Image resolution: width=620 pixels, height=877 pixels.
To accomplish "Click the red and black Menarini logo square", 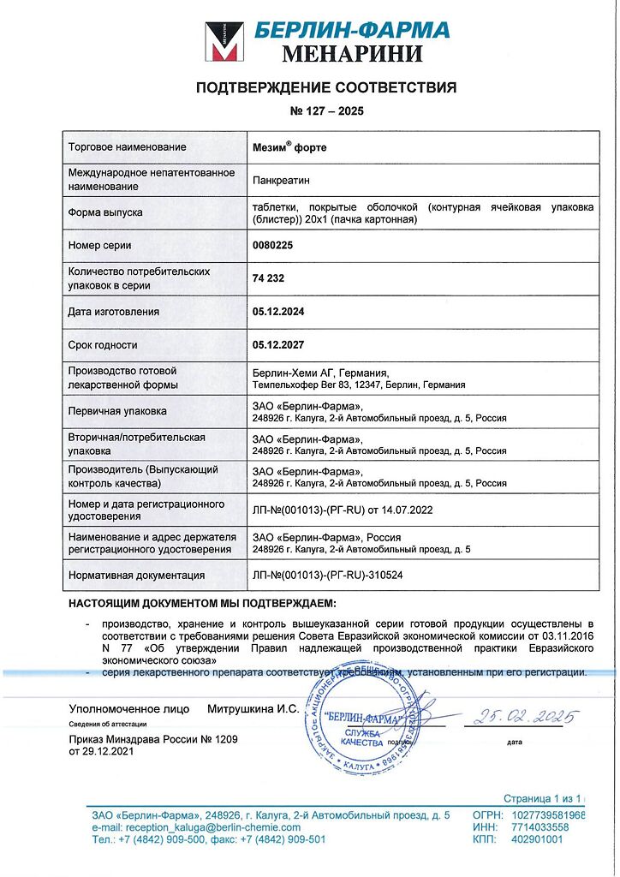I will pos(224,42).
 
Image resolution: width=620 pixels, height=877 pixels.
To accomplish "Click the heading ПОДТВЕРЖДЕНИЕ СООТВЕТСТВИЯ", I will pos(326,87).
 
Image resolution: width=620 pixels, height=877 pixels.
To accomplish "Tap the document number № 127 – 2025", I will pos(326,111).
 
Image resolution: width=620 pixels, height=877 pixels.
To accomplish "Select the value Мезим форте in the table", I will pos(289,147).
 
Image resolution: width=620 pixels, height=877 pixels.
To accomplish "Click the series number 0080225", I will pos(276,246).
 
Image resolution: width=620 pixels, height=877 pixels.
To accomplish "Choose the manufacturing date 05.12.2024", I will pos(278,312).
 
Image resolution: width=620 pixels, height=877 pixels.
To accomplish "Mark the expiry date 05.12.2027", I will pos(278,345).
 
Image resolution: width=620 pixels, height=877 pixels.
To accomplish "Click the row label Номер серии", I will pos(99,246).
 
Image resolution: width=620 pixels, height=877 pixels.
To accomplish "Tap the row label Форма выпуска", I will pos(105,212).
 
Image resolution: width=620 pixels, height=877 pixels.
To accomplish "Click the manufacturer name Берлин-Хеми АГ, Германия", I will pos(321,373).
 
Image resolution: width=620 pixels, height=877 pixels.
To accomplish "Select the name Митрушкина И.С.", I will pos(253,709).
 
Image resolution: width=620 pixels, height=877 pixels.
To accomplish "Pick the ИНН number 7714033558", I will pos(540,828).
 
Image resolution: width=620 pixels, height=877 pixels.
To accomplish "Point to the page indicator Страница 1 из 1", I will pos(543,798).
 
